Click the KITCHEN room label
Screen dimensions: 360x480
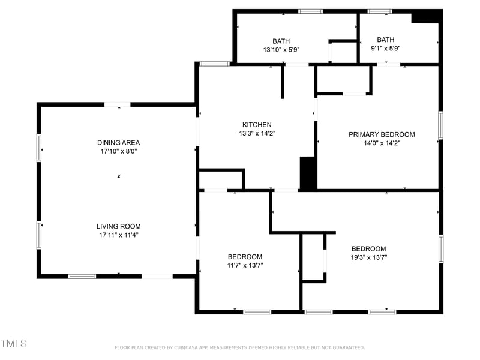pyautogui.click(x=257, y=125)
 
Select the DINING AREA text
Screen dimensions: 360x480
pyautogui.click(x=119, y=143)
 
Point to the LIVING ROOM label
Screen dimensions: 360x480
pyautogui.click(x=119, y=226)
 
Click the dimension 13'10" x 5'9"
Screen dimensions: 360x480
pyautogui.click(x=281, y=50)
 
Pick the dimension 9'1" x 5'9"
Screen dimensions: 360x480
pyautogui.click(x=386, y=49)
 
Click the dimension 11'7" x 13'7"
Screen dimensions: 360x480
pyautogui.click(x=245, y=265)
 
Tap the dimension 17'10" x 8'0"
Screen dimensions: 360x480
pyautogui.click(x=119, y=152)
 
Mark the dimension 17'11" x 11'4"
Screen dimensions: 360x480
pyautogui.click(x=119, y=235)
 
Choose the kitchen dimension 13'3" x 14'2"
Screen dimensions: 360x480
pyautogui.click(x=257, y=134)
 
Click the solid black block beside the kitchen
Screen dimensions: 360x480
pyautogui.click(x=308, y=173)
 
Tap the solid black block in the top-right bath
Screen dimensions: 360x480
pyautogui.click(x=425, y=16)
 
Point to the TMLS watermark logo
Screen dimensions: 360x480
pyautogui.click(x=13, y=344)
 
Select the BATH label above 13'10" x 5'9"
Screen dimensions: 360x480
pyautogui.click(x=281, y=41)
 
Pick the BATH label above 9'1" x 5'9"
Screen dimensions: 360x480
pyautogui.click(x=386, y=40)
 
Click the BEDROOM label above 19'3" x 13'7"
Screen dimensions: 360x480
pyautogui.click(x=368, y=249)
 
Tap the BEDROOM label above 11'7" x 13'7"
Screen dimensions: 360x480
pyautogui.click(x=245, y=257)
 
